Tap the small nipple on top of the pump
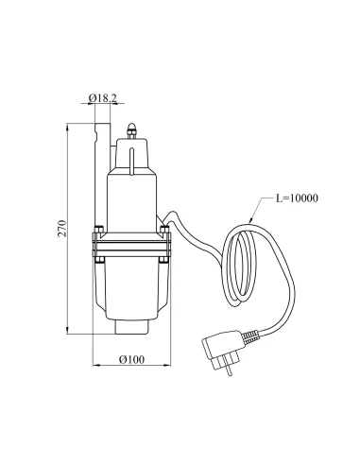click(133, 126)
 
